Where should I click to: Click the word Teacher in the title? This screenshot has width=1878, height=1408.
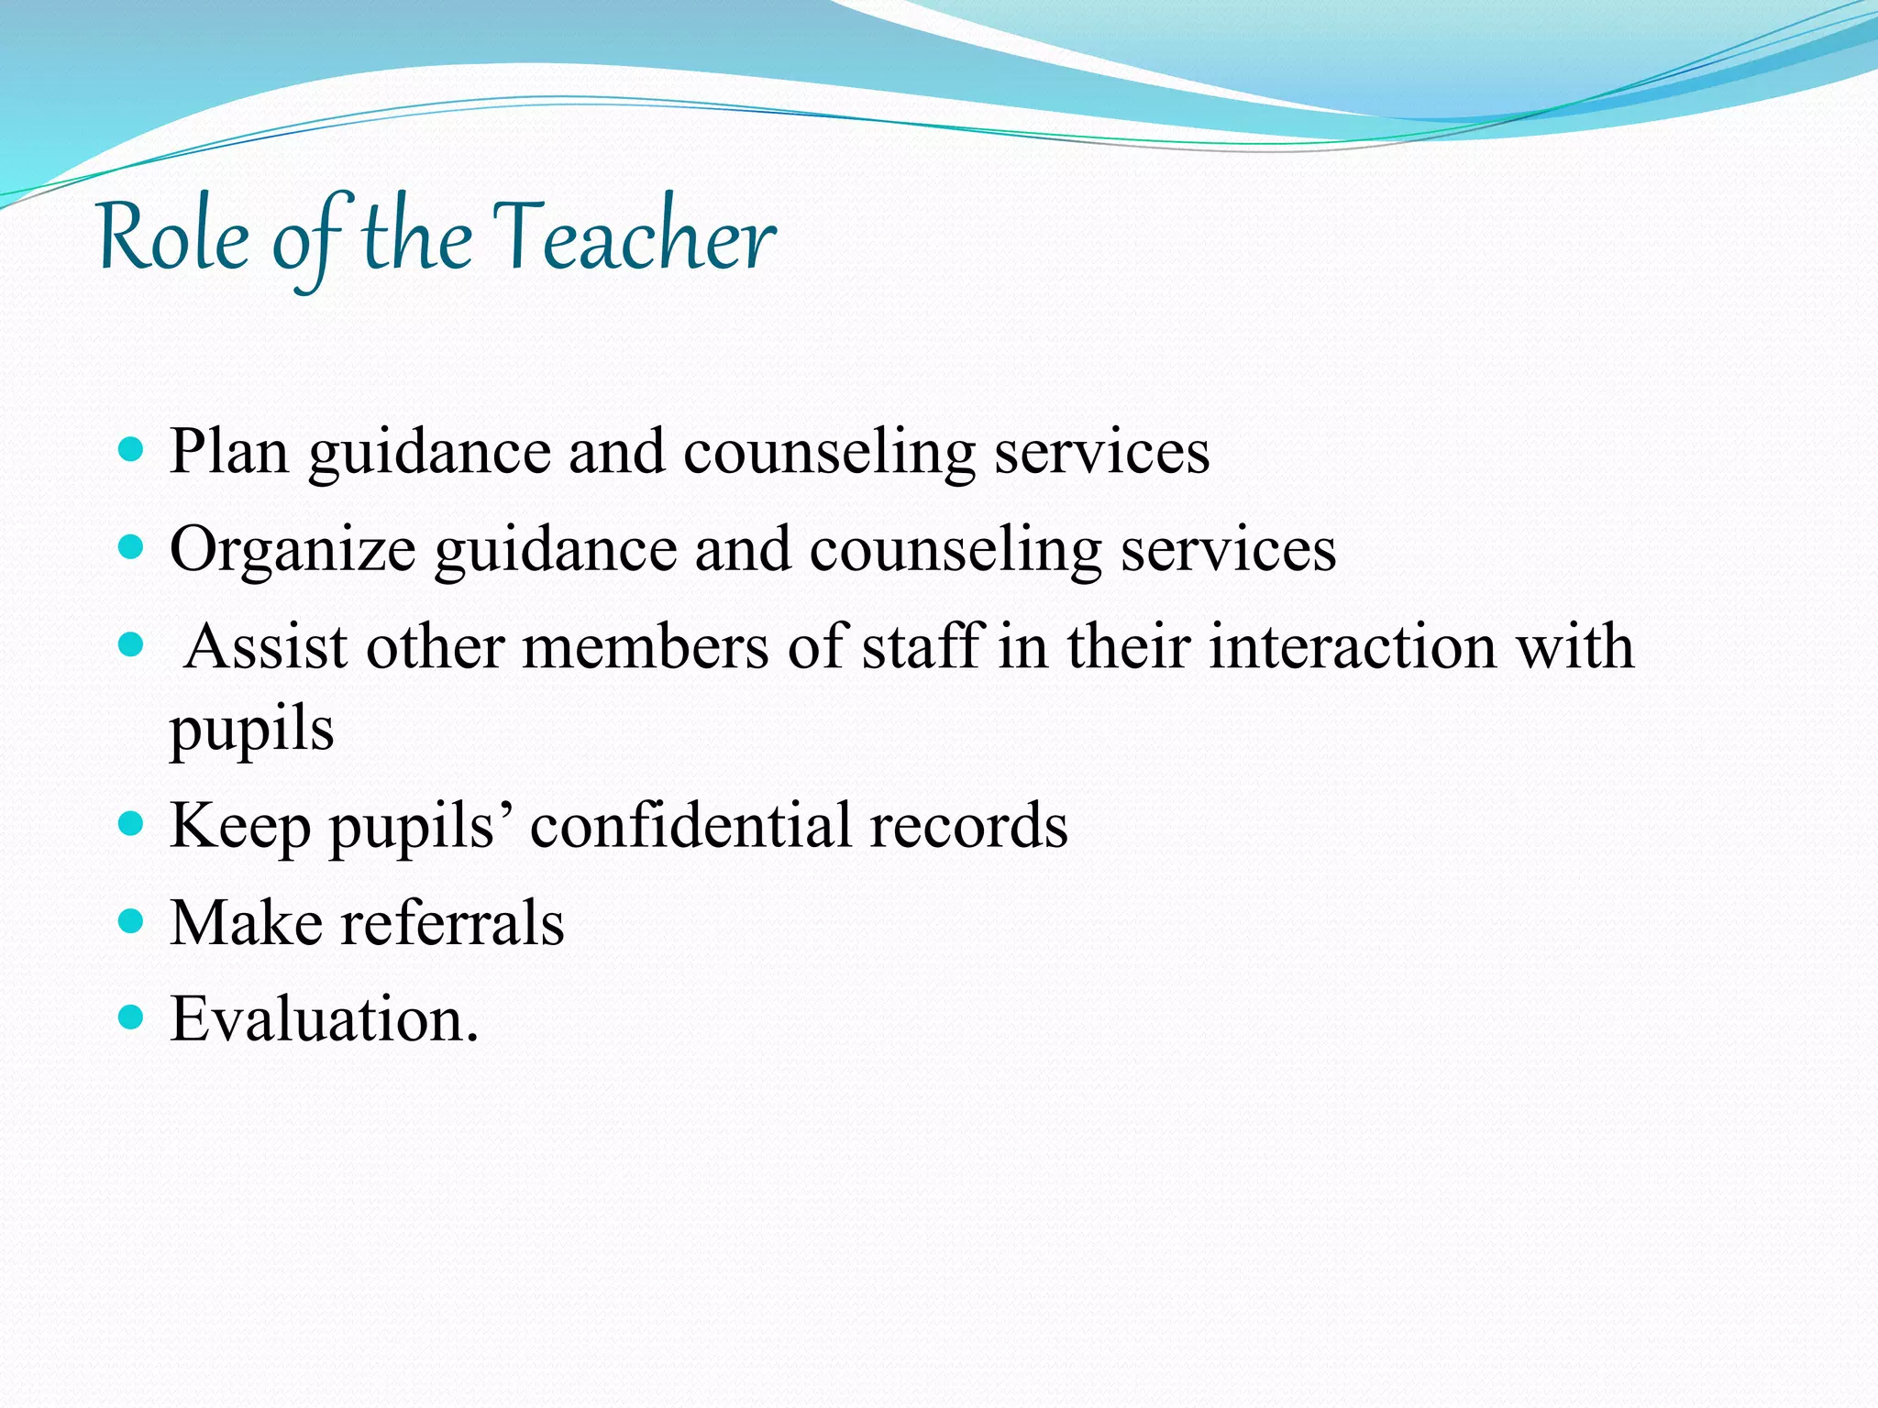coord(635,238)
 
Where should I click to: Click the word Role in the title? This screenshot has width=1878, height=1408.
coord(173,238)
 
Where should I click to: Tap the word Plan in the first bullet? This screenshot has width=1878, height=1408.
coord(229,452)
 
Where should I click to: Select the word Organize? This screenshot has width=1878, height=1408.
coord(293,550)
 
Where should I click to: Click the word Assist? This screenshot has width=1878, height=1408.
coord(266,646)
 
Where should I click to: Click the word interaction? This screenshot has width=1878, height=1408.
coord(1353,646)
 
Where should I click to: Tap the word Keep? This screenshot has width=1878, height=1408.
coord(240,825)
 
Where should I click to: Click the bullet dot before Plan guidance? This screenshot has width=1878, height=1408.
coord(132,450)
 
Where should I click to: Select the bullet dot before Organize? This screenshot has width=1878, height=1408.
coord(132,548)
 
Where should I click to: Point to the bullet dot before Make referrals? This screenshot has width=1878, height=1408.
coord(132,920)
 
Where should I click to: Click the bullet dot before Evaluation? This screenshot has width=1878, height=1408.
coord(132,1017)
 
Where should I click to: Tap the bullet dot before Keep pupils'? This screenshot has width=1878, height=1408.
coord(132,823)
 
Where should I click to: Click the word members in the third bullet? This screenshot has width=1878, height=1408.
coord(646,646)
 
